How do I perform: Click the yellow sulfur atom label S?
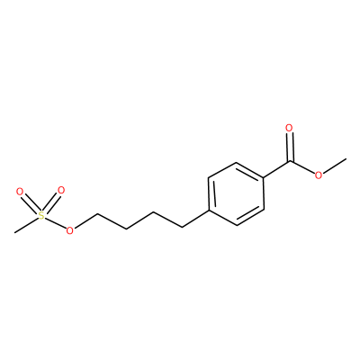coord(41,215)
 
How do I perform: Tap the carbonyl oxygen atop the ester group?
coord(289,128)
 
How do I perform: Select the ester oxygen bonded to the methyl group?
coord(319,175)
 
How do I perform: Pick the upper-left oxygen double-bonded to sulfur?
coord(20,192)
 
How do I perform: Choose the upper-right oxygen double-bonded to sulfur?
coord(61,190)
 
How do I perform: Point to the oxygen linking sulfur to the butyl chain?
coord(69,230)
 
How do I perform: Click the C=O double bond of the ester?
coord(289,148)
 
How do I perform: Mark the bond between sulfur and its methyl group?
coord(27,224)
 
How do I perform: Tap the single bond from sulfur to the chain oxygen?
coord(56,223)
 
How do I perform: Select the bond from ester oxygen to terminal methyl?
coord(335,166)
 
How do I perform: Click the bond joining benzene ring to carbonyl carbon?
coord(276,170)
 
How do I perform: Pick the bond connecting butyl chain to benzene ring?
coord(195,219)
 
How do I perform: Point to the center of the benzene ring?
coord(237,194)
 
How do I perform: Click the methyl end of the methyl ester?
coord(346,158)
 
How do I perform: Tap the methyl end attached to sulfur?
coord(14,232)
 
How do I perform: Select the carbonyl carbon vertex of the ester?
coord(290,162)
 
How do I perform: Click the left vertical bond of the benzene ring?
coord(210,194)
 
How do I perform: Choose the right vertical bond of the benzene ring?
coord(264,194)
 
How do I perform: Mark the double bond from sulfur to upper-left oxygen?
coord(31,202)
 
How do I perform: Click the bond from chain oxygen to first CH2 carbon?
coord(85,220)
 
